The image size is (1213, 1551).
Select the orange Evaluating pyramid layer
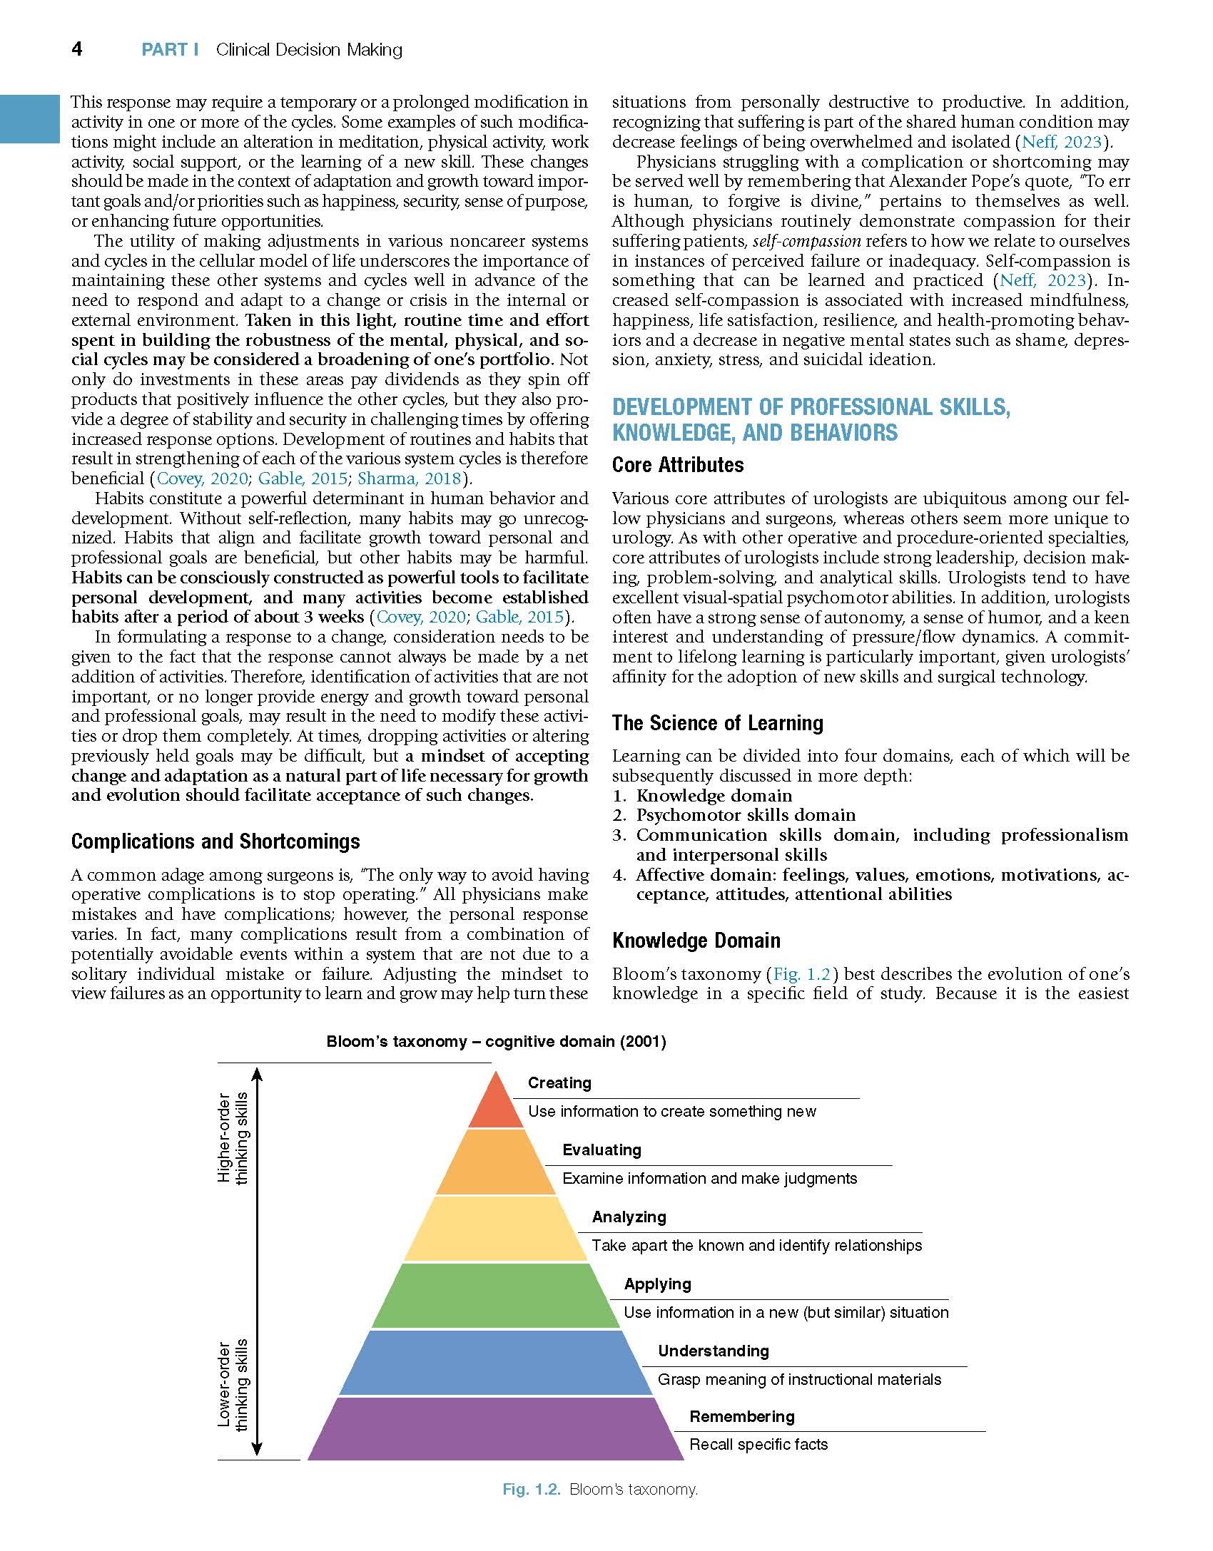[495, 1162]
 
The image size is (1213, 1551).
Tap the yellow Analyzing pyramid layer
[495, 1229]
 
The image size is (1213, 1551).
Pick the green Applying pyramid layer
[495, 1296]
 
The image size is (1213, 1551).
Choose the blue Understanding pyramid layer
[495, 1363]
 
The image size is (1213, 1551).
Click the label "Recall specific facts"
[758, 1445]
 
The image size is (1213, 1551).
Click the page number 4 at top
[77, 48]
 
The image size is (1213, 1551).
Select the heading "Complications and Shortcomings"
[215, 841]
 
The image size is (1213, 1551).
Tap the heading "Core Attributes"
[677, 465]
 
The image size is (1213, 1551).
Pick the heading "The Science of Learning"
[717, 723]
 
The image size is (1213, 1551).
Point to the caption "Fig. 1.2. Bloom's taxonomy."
[599, 1489]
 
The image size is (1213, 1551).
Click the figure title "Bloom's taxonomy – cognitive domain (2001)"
[496, 1042]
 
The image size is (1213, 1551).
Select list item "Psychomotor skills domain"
[746, 815]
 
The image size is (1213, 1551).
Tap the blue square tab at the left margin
[29, 118]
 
